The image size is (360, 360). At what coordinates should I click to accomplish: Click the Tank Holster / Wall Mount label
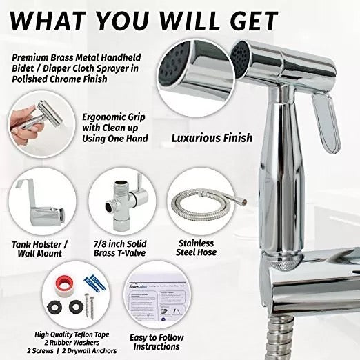(42, 248)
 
